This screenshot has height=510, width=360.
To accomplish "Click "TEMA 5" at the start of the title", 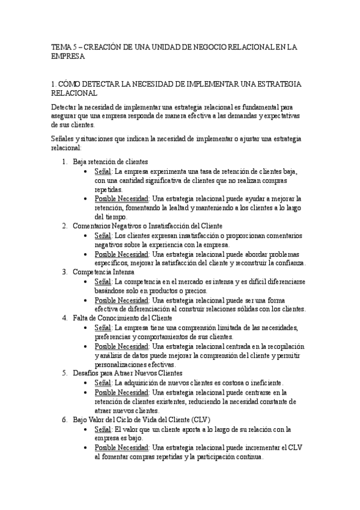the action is click(61, 46).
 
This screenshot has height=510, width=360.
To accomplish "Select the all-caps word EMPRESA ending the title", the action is click(69, 57).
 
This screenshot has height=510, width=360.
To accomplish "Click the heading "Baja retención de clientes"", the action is click(110, 162).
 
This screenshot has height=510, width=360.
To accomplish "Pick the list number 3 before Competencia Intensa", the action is click(64, 272).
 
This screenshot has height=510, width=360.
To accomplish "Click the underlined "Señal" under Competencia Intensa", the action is click(103, 281).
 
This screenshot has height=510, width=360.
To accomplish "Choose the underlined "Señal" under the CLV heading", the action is click(103, 429).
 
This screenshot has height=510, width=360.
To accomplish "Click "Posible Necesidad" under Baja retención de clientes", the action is click(121, 198).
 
